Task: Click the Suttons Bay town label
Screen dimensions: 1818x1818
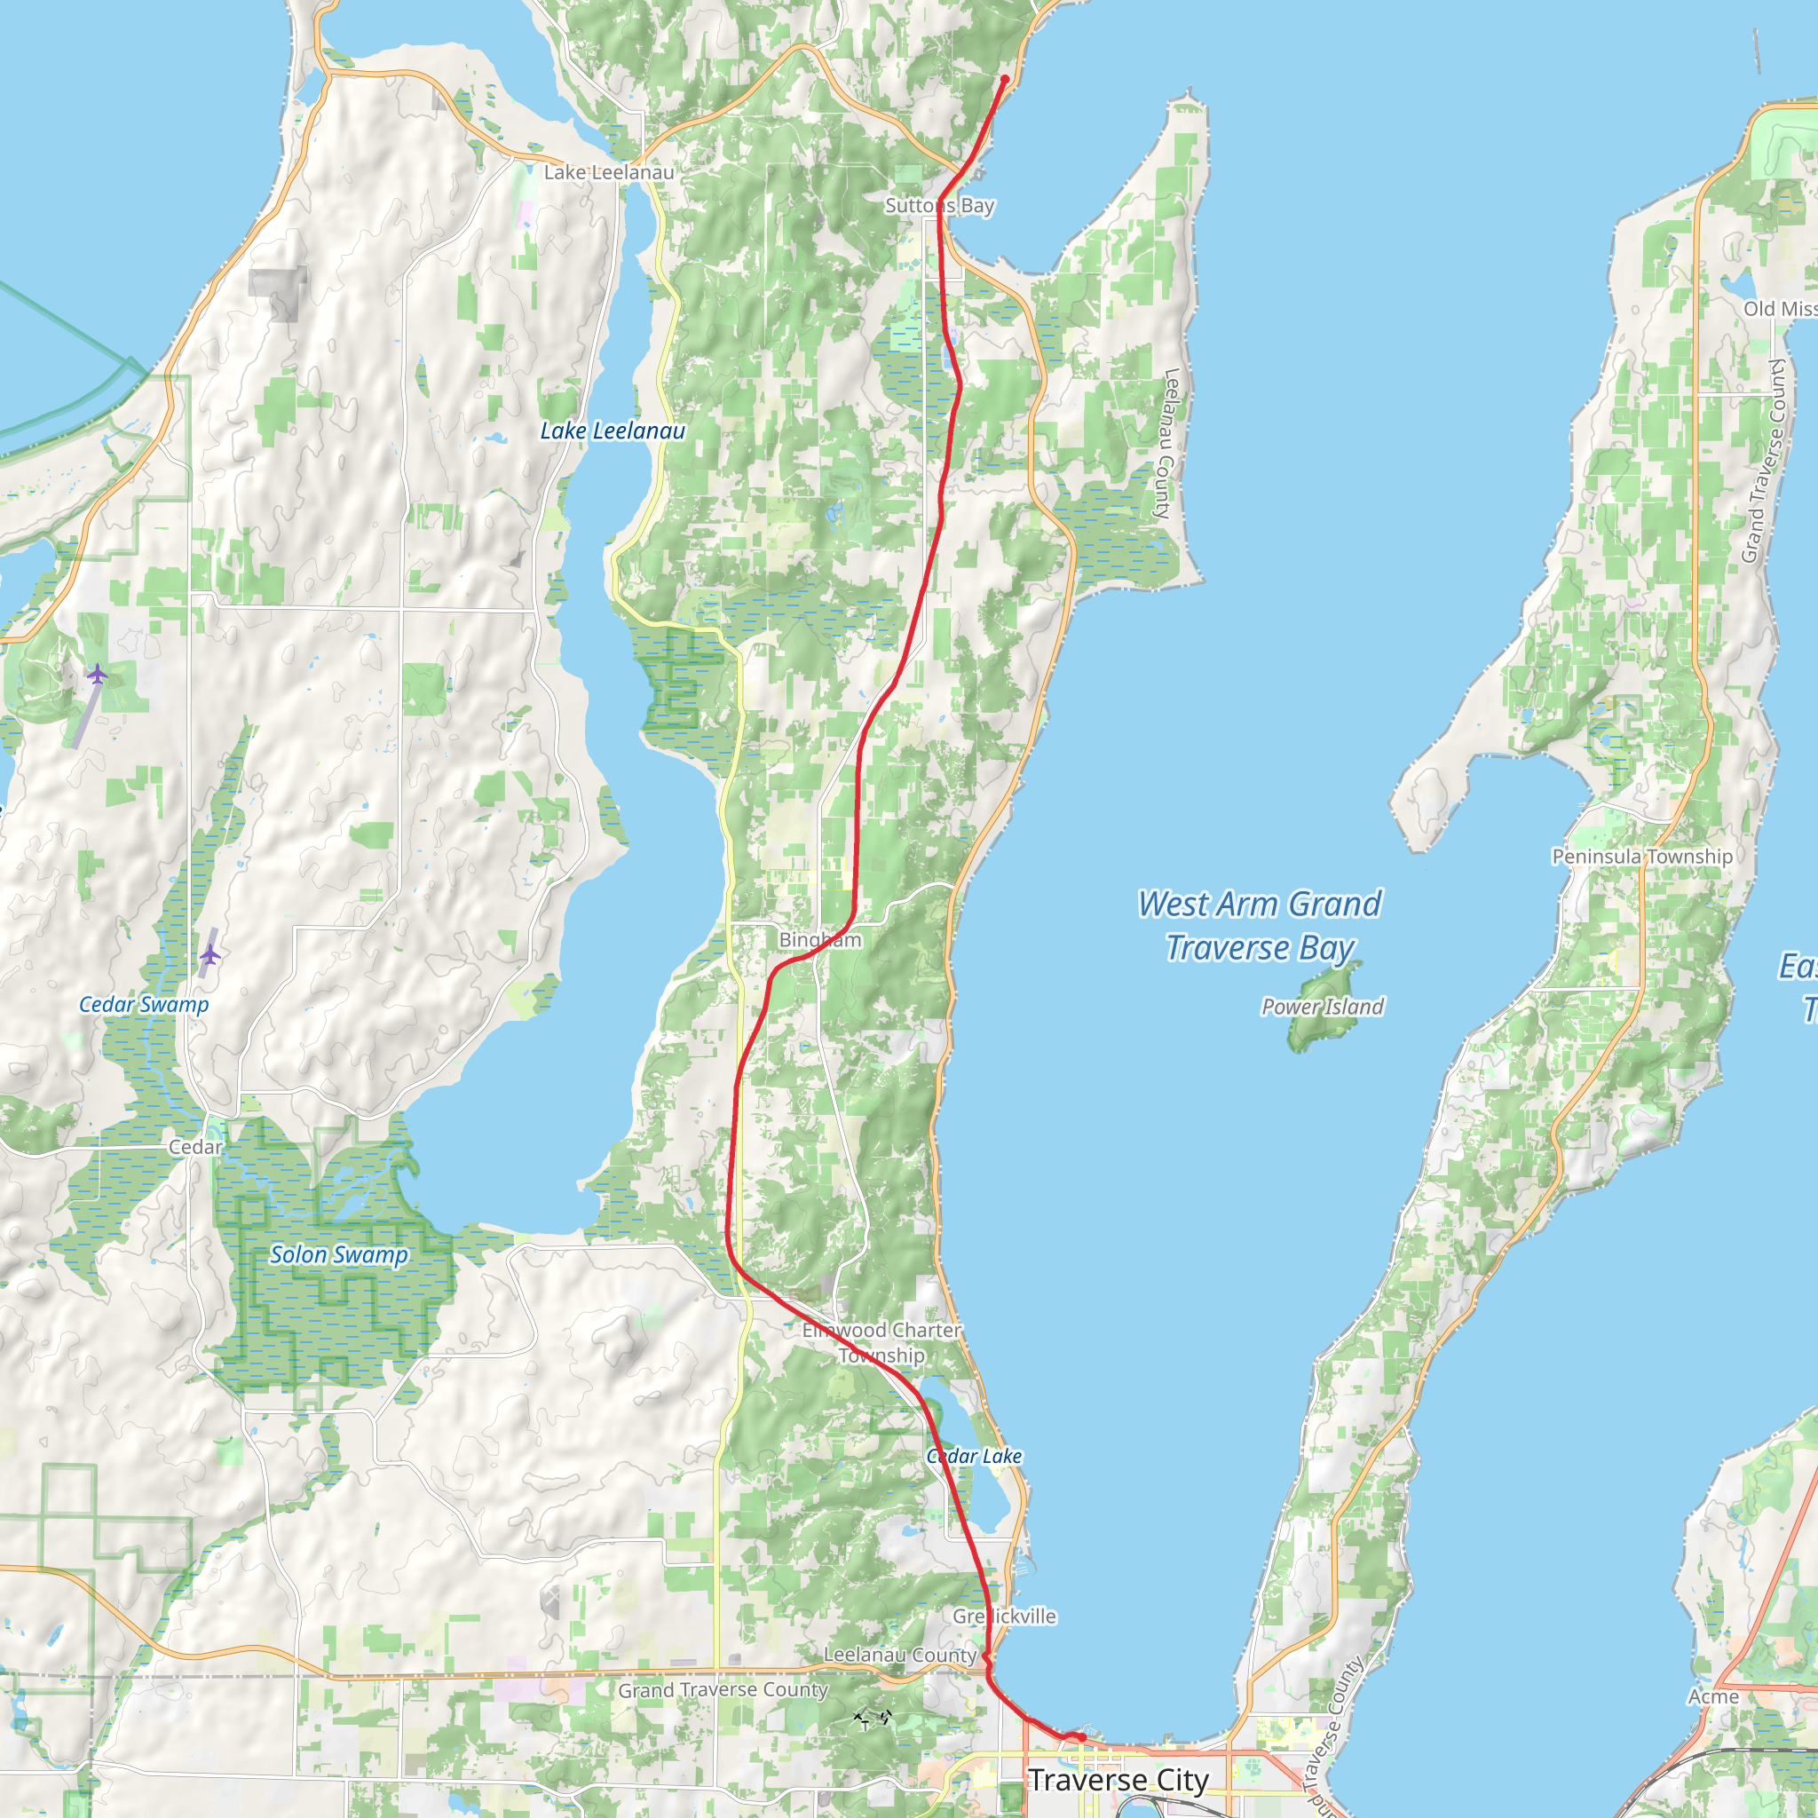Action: tap(939, 205)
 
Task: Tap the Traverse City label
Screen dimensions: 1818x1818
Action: tap(1118, 1780)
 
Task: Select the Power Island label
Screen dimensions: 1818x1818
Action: tap(1322, 1007)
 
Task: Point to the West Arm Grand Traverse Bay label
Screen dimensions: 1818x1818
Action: tap(1259, 926)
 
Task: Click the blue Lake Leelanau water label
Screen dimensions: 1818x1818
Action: tap(613, 431)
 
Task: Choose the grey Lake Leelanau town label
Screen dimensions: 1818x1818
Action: tap(609, 172)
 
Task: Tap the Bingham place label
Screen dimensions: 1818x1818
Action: tap(819, 940)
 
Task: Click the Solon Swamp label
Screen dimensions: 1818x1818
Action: tap(339, 1254)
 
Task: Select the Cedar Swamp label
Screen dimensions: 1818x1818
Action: tap(144, 1004)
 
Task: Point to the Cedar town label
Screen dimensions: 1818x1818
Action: tap(195, 1147)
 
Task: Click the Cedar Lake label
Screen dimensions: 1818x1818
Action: tap(974, 1456)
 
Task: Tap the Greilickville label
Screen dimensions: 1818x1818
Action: tap(1004, 1616)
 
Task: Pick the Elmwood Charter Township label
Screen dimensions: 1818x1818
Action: tap(881, 1343)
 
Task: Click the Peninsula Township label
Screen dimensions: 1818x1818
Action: tap(1642, 857)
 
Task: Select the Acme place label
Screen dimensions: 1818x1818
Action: tap(1713, 1696)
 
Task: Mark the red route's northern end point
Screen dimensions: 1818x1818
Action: tap(1005, 79)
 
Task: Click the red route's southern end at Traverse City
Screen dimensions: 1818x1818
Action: tap(1082, 1737)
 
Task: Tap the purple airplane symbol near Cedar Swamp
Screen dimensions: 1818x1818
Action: tap(209, 956)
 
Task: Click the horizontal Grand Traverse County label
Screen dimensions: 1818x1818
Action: tap(723, 1690)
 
